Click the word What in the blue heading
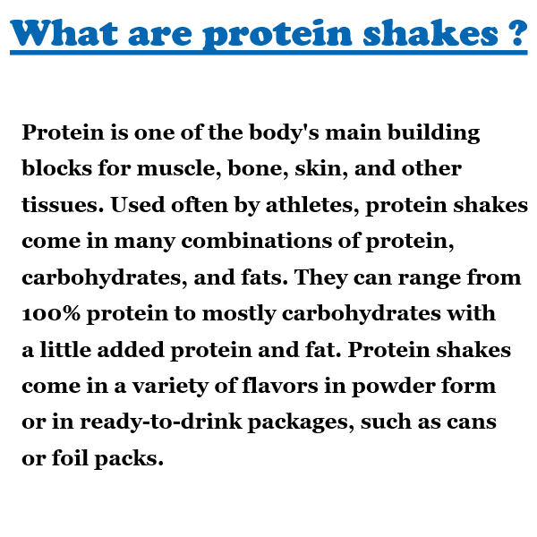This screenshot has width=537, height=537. click(64, 33)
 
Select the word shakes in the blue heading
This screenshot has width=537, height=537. click(430, 33)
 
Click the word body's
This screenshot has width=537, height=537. click(284, 132)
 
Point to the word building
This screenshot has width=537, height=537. click(433, 132)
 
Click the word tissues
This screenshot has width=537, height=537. click(63, 205)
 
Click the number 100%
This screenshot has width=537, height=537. click(51, 313)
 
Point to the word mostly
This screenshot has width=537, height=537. click(239, 314)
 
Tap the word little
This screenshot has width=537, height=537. click(65, 350)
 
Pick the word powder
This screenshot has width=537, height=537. click(393, 387)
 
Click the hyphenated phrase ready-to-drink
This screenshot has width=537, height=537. click(161, 422)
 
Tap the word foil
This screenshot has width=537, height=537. click(70, 458)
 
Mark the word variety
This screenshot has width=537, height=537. click(171, 387)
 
